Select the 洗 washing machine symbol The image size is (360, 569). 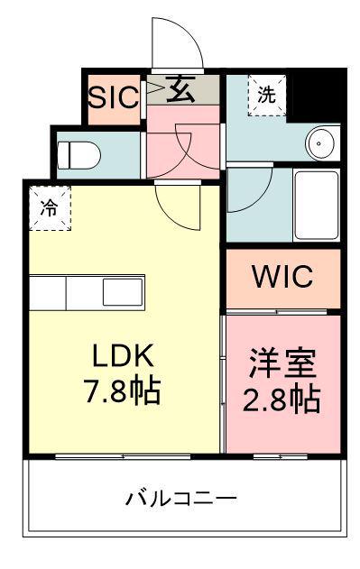pyautogui.click(x=266, y=94)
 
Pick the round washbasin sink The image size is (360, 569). pyautogui.click(x=322, y=141)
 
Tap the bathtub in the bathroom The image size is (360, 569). pyautogui.click(x=316, y=203)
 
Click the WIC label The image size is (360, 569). pyautogui.click(x=282, y=276)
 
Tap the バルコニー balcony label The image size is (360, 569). pyautogui.click(x=181, y=498)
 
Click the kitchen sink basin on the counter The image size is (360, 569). pyautogui.click(x=122, y=292)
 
